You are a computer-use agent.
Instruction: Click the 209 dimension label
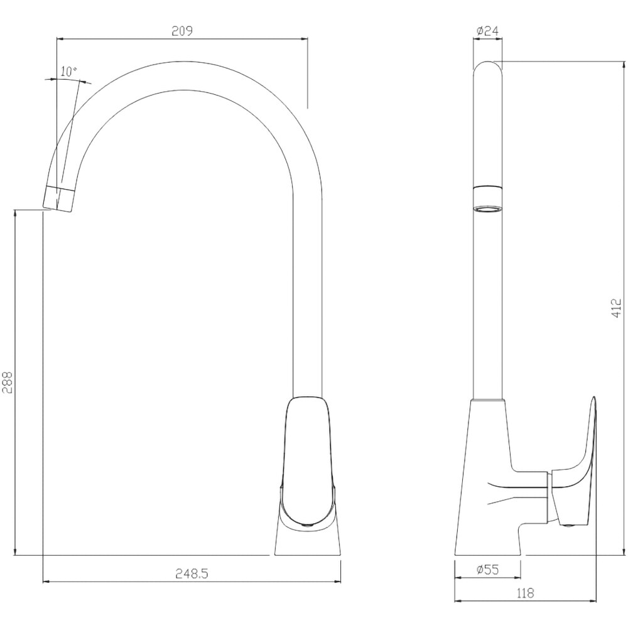coord(182,31)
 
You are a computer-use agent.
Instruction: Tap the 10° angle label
coord(69,72)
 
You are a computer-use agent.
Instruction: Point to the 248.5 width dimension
coord(192,574)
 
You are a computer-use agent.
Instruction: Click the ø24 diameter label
coord(488,31)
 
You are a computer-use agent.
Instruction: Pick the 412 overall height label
coord(617,308)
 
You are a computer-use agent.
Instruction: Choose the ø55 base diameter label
coord(488,570)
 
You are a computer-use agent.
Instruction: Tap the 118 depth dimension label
coord(525,593)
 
